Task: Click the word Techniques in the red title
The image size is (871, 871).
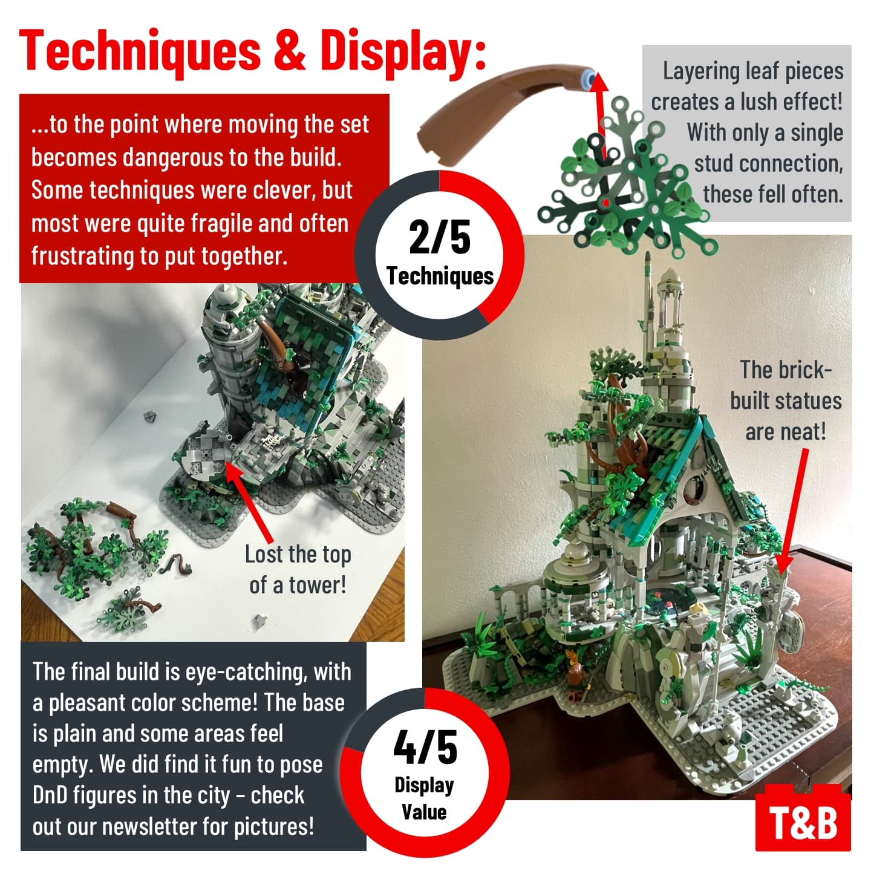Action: (x=140, y=53)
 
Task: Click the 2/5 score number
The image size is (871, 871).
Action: (x=439, y=237)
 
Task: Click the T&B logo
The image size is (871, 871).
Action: (x=803, y=821)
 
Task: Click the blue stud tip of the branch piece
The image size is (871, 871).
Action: (x=589, y=77)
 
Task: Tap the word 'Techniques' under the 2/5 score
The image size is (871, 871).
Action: (x=440, y=276)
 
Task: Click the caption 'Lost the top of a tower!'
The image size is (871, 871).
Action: (x=298, y=570)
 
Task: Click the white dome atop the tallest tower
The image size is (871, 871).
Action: (x=670, y=276)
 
